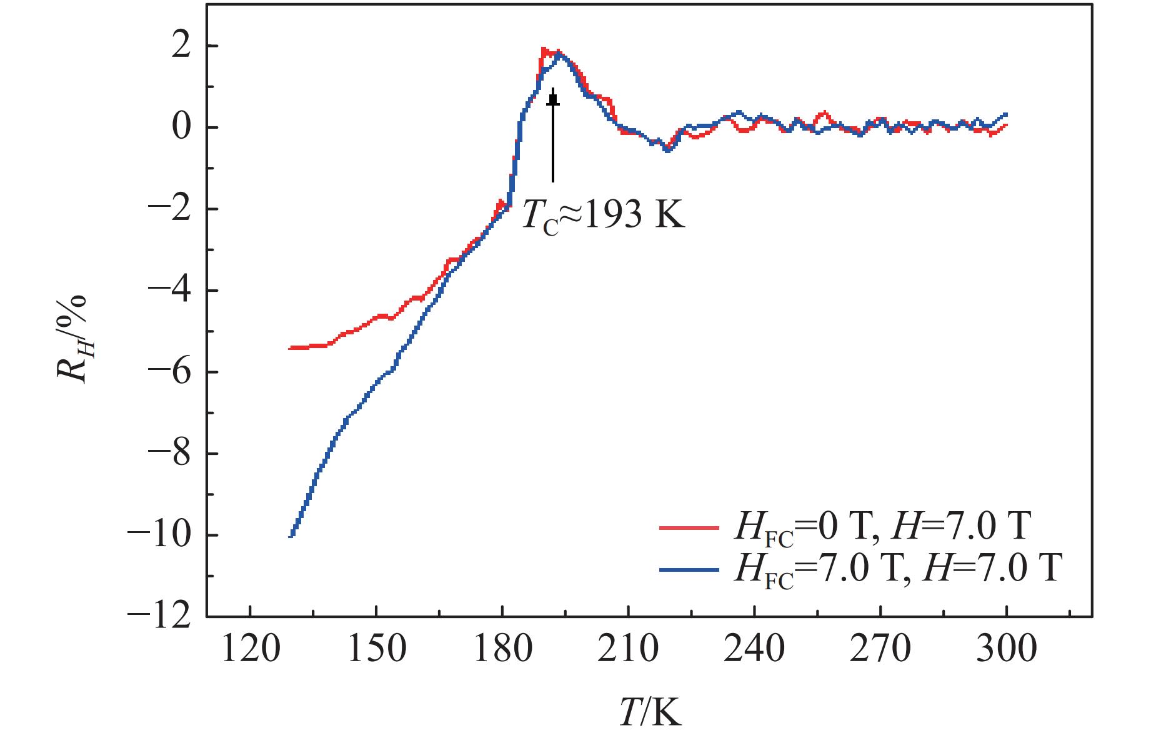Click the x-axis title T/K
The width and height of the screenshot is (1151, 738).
click(650, 712)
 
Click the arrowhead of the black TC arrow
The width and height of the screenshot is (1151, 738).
click(553, 97)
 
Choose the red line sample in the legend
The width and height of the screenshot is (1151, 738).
click(689, 528)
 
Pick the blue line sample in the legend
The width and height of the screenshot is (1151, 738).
click(689, 569)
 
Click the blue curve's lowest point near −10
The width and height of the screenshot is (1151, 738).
click(291, 535)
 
